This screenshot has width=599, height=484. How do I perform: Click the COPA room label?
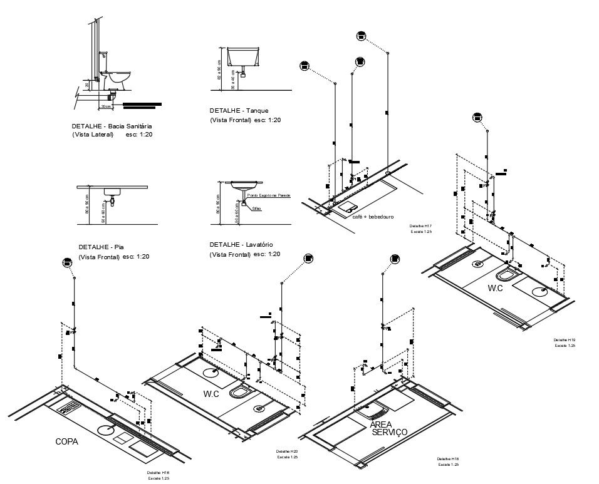click(x=66, y=441)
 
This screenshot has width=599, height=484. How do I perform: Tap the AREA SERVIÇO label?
click(x=388, y=428)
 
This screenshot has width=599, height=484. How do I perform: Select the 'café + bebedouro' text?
click(x=373, y=217)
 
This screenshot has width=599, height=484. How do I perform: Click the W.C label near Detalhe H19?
click(x=496, y=288)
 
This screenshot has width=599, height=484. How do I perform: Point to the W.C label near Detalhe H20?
click(x=211, y=394)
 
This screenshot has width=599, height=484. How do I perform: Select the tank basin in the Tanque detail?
click(x=244, y=58)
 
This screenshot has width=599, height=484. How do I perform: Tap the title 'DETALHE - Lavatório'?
click(x=241, y=244)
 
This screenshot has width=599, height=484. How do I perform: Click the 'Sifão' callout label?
click(x=256, y=208)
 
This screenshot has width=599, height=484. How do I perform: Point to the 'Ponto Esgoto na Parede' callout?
click(x=269, y=196)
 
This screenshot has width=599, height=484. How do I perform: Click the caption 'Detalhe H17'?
click(x=420, y=225)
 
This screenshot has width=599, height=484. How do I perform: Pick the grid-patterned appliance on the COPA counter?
click(x=68, y=409)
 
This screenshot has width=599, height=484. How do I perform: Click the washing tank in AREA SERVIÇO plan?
click(x=375, y=412)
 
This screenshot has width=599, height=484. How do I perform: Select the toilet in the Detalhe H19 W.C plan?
click(x=506, y=275)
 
